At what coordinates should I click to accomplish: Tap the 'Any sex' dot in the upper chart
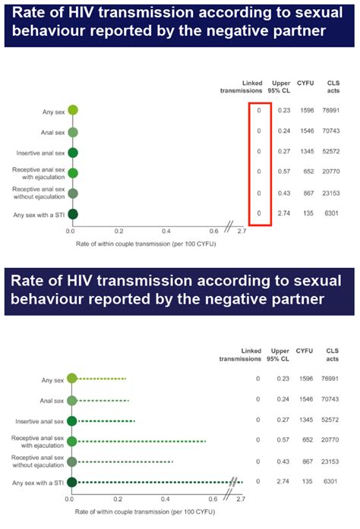pyautogui.click(x=72, y=110)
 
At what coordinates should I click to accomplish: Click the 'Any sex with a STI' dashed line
pyautogui.click(x=156, y=482)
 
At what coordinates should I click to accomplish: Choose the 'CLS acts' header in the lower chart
pyautogui.click(x=332, y=354)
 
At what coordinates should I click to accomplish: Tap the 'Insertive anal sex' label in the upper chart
pyautogui.click(x=40, y=152)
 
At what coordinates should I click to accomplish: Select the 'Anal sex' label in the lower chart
pyautogui.click(x=49, y=400)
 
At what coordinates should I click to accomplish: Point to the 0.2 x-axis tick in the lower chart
pyautogui.click(x=118, y=500)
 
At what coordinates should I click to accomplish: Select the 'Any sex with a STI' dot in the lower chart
pyautogui.click(x=71, y=482)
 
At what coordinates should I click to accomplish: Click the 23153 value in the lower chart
pyautogui.click(x=332, y=461)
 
